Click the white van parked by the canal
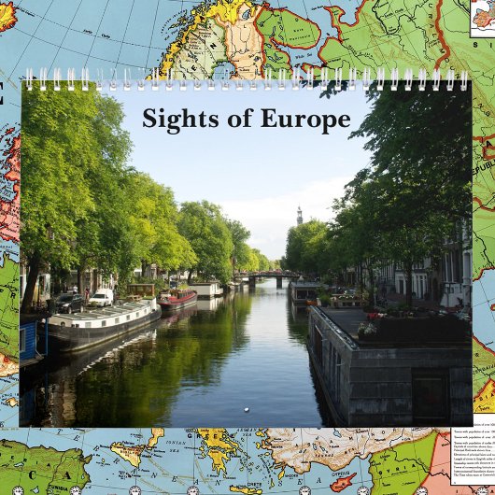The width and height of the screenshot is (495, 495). point(101,298)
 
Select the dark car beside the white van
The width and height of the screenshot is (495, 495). point(69,303)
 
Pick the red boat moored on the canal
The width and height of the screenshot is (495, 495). point(177,298)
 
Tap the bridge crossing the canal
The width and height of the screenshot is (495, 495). point(264,276)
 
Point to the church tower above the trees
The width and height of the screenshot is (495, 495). point(299,216)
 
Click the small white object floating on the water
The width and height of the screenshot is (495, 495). point(246,408)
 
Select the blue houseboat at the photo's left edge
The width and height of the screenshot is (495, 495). point(30,342)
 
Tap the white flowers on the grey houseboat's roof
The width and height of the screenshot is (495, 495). point(368,329)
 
